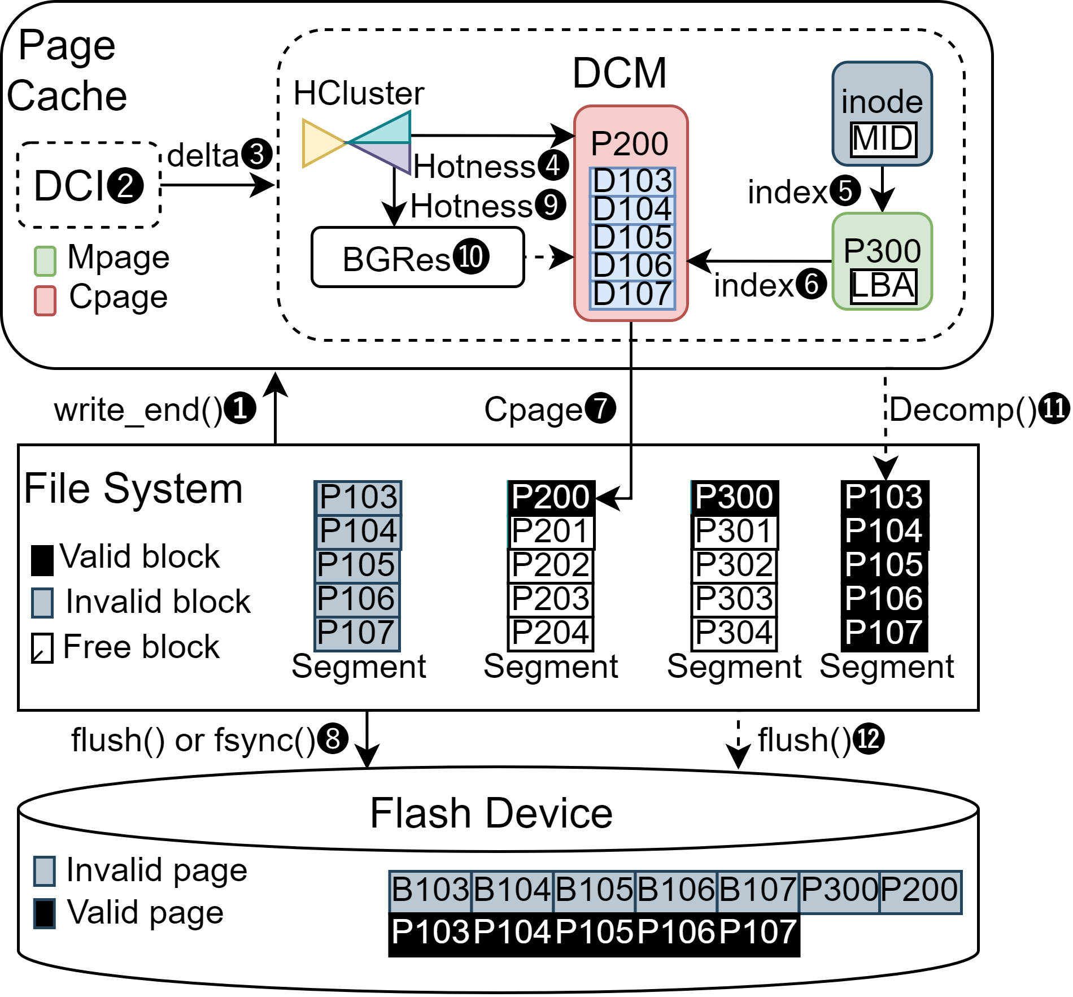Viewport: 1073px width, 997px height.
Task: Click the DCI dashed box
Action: click(89, 185)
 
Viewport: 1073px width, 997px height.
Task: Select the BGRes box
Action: click(417, 258)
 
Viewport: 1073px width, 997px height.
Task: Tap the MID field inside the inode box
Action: click(883, 139)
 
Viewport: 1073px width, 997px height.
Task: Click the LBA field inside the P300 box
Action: click(883, 286)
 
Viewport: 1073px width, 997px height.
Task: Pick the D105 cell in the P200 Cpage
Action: click(633, 237)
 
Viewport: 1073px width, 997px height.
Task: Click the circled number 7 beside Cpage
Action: click(600, 408)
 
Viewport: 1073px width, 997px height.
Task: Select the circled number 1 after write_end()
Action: click(240, 408)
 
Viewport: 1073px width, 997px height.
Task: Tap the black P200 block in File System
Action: click(551, 497)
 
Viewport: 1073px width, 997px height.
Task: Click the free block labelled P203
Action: click(551, 599)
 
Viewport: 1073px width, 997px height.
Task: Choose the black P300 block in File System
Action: click(734, 497)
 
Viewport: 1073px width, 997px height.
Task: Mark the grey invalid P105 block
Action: click(357, 565)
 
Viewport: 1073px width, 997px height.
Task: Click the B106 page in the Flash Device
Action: click(676, 890)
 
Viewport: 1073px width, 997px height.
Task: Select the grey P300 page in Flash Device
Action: click(839, 890)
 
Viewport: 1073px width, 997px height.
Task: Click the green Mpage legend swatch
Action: click(45, 261)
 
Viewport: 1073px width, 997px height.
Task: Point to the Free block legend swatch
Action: click(42, 648)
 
